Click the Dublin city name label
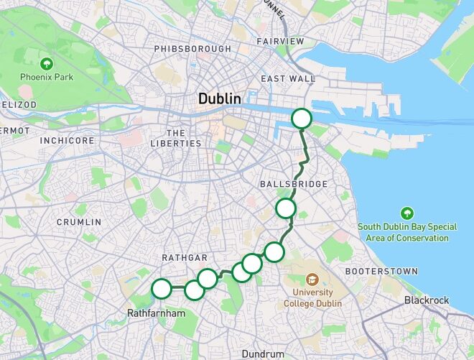[220, 98]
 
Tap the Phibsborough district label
[192, 49]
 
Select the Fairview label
[280, 42]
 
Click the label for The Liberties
[176, 138]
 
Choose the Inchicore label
[67, 141]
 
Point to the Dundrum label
[264, 354]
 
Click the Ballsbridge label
[293, 185]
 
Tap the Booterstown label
[381, 271]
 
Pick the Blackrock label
[427, 300]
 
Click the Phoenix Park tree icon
[47, 63]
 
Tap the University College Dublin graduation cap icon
[312, 279]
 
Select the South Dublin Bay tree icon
[407, 213]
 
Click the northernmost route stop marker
[302, 119]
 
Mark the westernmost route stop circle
[162, 289]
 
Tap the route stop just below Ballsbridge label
[286, 208]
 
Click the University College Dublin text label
[312, 297]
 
